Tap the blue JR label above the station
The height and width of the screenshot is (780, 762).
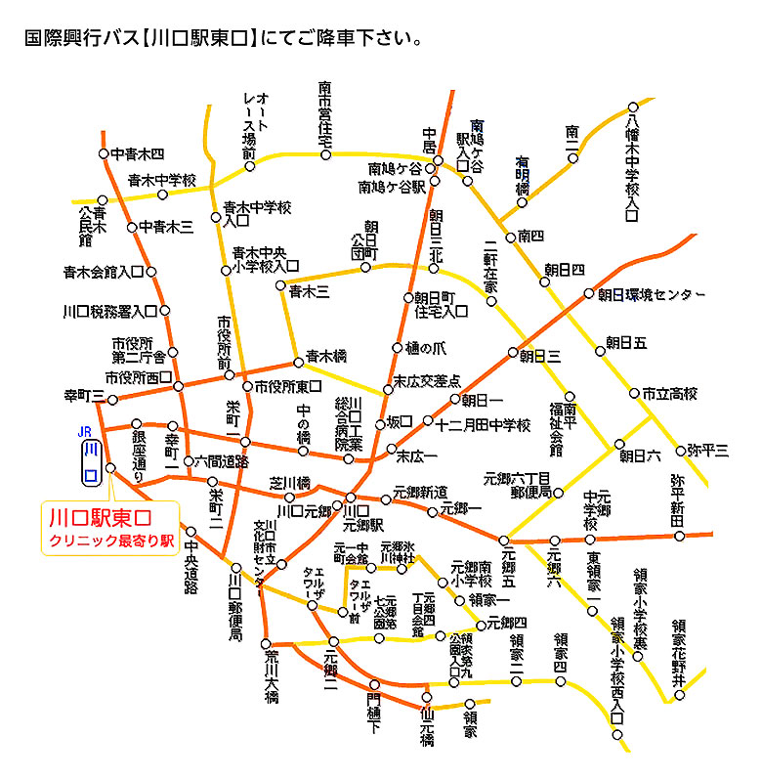85,430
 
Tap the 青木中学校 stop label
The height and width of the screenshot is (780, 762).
162,180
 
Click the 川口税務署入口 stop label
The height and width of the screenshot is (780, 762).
109,312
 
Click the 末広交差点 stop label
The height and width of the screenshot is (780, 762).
427,380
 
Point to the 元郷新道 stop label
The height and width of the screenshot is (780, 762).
420,491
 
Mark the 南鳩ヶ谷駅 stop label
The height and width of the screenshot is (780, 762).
392,186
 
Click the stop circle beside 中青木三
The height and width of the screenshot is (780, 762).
132,227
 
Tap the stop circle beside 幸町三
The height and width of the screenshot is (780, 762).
112,399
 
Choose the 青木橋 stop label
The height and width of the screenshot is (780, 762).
325,357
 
